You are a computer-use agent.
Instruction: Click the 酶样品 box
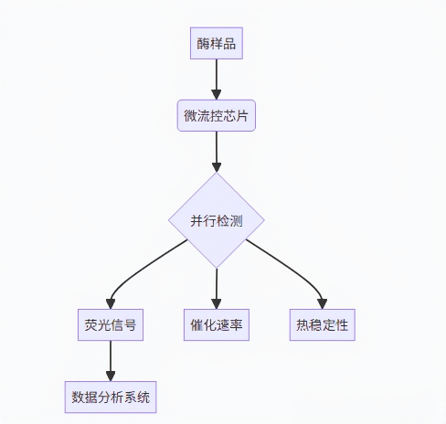217,43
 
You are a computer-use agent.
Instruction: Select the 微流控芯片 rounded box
217,115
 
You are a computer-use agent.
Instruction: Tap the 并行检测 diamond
217,220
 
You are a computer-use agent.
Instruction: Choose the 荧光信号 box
111,324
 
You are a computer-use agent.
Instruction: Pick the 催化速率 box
217,324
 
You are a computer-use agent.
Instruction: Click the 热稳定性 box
323,324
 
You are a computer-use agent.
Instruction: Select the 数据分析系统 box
111,397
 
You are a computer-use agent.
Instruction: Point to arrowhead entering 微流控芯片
217,95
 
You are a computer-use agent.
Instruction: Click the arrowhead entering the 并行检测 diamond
217,167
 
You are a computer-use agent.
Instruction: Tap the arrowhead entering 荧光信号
111,304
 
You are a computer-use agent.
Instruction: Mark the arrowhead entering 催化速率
217,304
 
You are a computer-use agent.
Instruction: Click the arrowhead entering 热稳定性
323,304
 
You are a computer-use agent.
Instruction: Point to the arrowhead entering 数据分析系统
111,376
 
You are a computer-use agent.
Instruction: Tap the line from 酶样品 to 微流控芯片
217,75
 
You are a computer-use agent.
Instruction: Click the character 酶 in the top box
203,44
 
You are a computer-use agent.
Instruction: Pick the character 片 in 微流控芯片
242,116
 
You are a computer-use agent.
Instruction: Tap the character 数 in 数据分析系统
78,397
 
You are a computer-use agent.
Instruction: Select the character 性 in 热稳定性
342,325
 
